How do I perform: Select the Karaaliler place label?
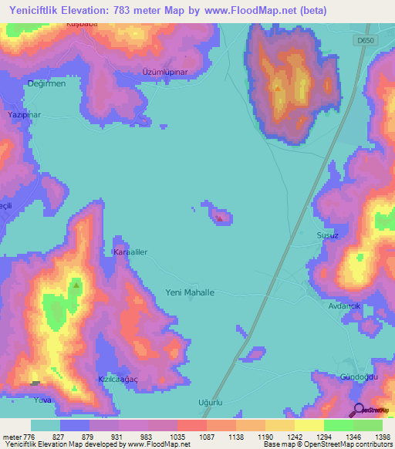(130, 252)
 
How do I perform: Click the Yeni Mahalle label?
(190, 293)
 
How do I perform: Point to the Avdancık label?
(345, 306)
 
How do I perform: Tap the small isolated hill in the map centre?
(219, 216)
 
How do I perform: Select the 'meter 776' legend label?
(17, 436)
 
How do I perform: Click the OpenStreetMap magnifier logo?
(360, 410)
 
